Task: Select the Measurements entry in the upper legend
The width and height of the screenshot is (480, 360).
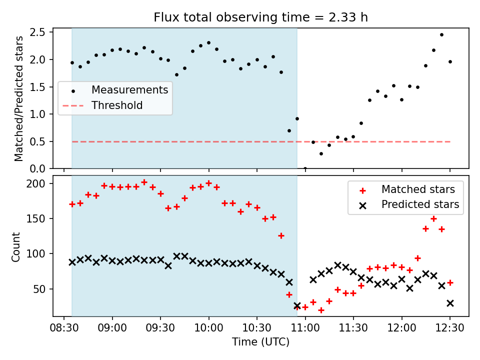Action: (x=129, y=90)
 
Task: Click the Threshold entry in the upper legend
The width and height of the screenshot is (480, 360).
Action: (x=117, y=105)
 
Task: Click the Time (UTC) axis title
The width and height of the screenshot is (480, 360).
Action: (x=260, y=342)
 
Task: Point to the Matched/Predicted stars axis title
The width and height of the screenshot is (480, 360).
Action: (x=18, y=98)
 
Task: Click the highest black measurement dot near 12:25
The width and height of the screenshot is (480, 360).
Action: (x=441, y=34)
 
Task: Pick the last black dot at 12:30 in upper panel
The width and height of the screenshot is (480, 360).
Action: (x=450, y=61)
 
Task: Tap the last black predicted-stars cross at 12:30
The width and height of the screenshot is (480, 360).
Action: (x=450, y=303)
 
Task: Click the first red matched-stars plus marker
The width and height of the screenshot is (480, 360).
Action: (x=72, y=204)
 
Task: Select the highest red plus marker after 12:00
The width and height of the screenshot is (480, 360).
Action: (x=433, y=218)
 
